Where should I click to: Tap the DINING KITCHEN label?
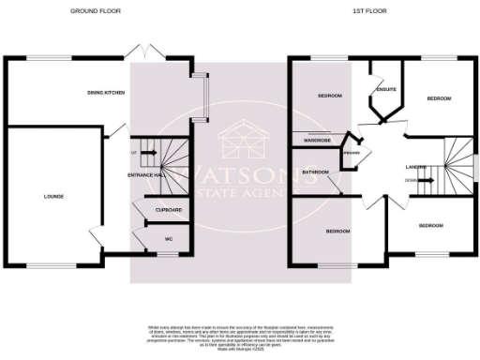(107, 93)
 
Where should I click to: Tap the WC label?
(169, 239)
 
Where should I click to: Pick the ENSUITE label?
(384, 90)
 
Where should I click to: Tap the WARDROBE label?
(318, 141)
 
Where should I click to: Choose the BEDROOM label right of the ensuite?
(439, 97)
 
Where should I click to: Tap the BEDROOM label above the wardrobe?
(328, 97)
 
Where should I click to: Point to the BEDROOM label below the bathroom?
(337, 231)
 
